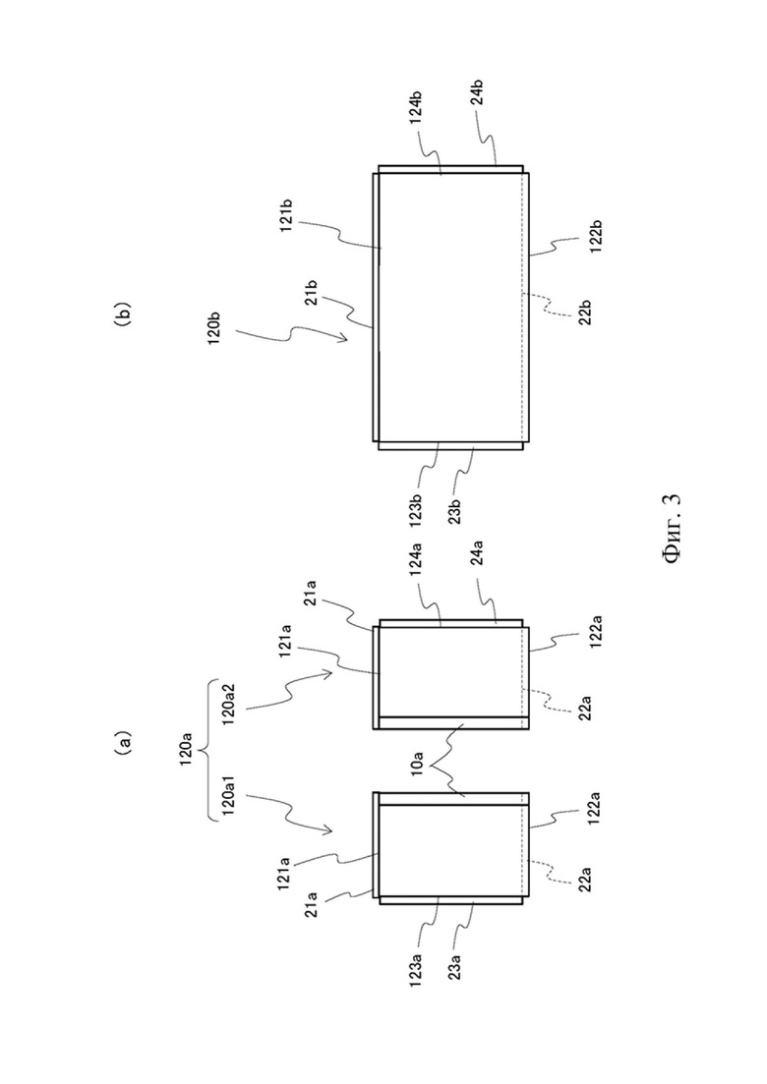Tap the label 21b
[x=311, y=294]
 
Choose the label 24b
[x=477, y=93]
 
